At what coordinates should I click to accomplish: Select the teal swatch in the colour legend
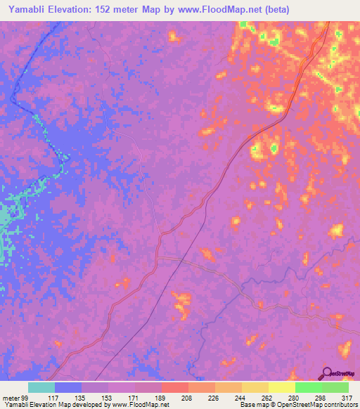point(41,387)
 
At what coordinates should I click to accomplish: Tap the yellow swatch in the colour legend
point(282,387)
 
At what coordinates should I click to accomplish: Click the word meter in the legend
point(11,398)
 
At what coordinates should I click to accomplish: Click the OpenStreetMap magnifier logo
point(327,374)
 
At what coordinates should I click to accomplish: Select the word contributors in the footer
point(341,405)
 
